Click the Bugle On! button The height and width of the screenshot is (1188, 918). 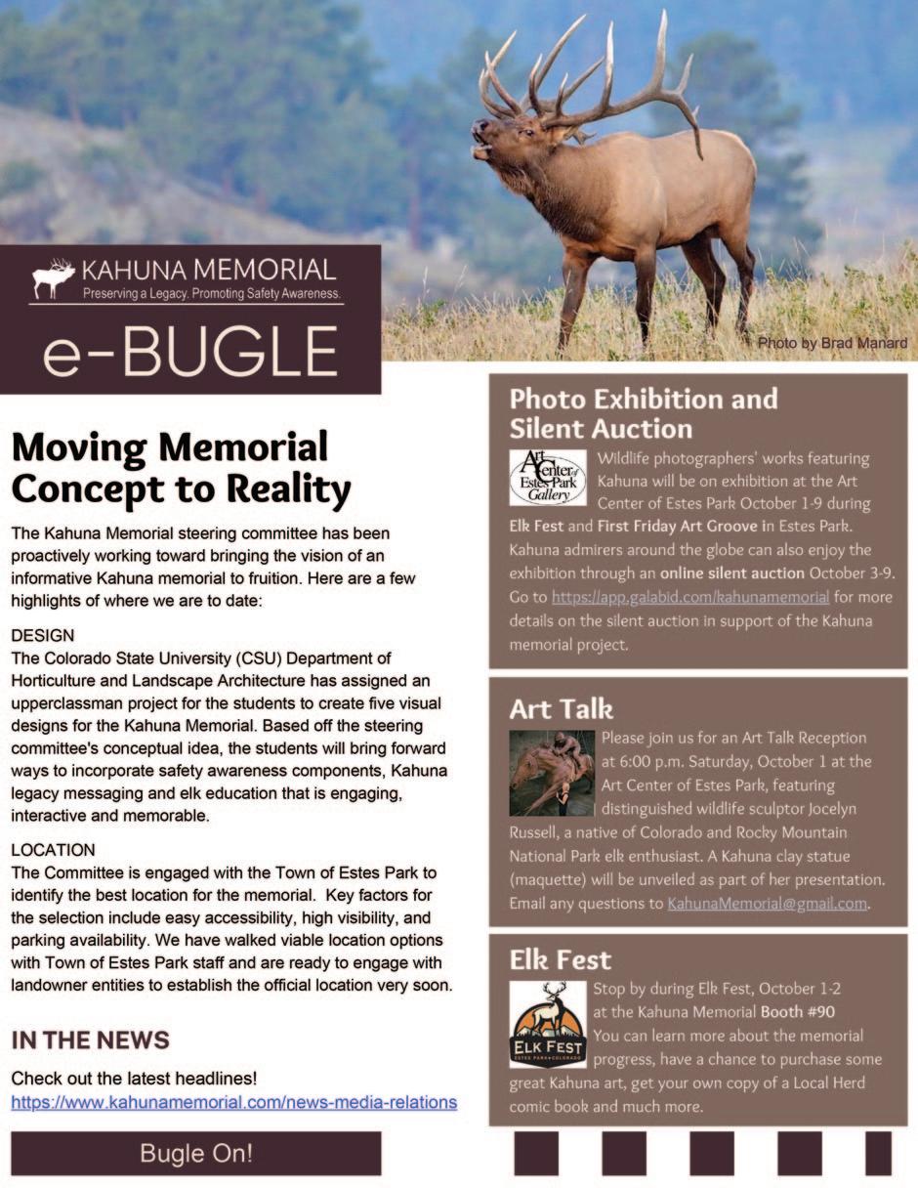(195, 1153)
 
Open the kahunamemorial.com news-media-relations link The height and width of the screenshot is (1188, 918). (233, 1102)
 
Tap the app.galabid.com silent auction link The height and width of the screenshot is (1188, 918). (689, 596)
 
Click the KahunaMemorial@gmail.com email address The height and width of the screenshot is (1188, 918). (767, 904)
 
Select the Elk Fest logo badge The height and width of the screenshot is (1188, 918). (548, 1025)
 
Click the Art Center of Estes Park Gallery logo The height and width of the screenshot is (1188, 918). (548, 478)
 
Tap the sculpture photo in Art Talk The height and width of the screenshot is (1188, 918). (552, 773)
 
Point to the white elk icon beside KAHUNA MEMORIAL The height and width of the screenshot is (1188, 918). (54, 278)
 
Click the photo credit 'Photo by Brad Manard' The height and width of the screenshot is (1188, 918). (832, 343)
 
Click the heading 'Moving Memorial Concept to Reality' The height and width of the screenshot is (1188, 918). (181, 467)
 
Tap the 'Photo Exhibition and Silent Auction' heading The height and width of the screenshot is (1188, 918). (643, 413)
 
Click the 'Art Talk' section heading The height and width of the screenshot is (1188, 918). (561, 708)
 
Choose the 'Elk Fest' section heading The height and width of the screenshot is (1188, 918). (560, 960)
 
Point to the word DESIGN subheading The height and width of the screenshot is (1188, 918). (43, 636)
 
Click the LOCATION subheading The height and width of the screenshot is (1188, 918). (53, 850)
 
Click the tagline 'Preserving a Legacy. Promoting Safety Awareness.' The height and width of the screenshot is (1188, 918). (211, 293)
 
